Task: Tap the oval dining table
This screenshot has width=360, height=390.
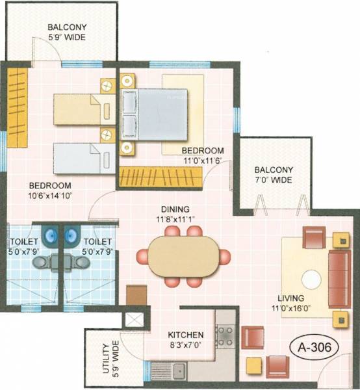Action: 180,255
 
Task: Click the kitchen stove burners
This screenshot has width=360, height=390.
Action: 225,336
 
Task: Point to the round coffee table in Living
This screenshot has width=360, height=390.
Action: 310,279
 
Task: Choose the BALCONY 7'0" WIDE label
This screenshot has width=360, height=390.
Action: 274,175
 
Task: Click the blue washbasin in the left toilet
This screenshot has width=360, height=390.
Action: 49,233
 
